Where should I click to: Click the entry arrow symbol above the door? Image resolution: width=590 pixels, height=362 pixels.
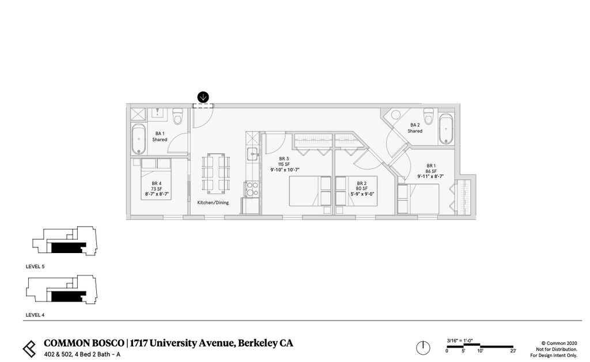[203, 97]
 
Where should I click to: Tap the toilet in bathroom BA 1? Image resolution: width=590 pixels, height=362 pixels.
[177, 118]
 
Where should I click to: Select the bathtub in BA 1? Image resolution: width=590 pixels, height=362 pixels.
[139, 138]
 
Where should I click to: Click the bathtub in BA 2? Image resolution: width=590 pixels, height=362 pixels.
[445, 129]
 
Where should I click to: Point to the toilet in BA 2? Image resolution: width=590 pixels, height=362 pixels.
[428, 113]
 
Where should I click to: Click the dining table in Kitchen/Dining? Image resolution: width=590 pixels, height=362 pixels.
[216, 174]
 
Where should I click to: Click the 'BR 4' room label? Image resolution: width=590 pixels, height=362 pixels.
[157, 183]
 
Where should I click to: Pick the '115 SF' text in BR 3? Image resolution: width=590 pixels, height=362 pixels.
[283, 164]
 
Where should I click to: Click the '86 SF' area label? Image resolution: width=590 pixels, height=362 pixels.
[430, 171]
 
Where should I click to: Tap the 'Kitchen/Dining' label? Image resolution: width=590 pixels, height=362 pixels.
[213, 203]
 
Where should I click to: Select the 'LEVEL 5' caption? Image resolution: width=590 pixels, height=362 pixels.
[35, 267]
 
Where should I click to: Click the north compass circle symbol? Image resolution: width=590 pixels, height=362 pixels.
[423, 348]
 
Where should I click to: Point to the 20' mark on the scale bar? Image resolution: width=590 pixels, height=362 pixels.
[513, 350]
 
